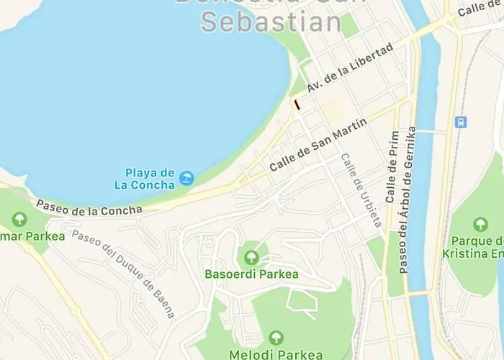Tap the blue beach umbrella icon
(x=186, y=178)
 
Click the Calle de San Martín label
(x=318, y=144)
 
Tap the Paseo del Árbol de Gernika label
(x=407, y=200)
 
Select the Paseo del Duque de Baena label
(x=122, y=267)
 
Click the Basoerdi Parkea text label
(x=251, y=274)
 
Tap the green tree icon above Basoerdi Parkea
(x=251, y=257)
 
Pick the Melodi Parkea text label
(x=276, y=354)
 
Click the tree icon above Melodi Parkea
(x=276, y=338)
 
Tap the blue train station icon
(x=461, y=122)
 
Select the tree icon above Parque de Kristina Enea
(x=480, y=224)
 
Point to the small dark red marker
(x=297, y=105)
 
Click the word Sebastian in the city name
(x=271, y=22)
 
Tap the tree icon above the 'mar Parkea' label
(x=19, y=219)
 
